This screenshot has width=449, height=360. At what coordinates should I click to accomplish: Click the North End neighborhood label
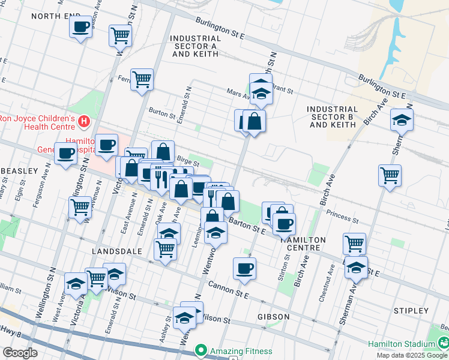coord(56,16)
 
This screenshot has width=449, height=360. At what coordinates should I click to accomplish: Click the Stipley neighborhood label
coord(411,311)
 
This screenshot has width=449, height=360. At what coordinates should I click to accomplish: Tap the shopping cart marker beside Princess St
coord(390,175)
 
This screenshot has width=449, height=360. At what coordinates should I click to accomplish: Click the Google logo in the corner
coord(20,353)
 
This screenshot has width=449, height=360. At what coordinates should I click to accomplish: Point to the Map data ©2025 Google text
coord(412,355)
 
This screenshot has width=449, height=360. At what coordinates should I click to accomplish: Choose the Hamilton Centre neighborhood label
coord(303,244)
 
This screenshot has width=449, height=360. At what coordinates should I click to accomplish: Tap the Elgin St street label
coord(19,193)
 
